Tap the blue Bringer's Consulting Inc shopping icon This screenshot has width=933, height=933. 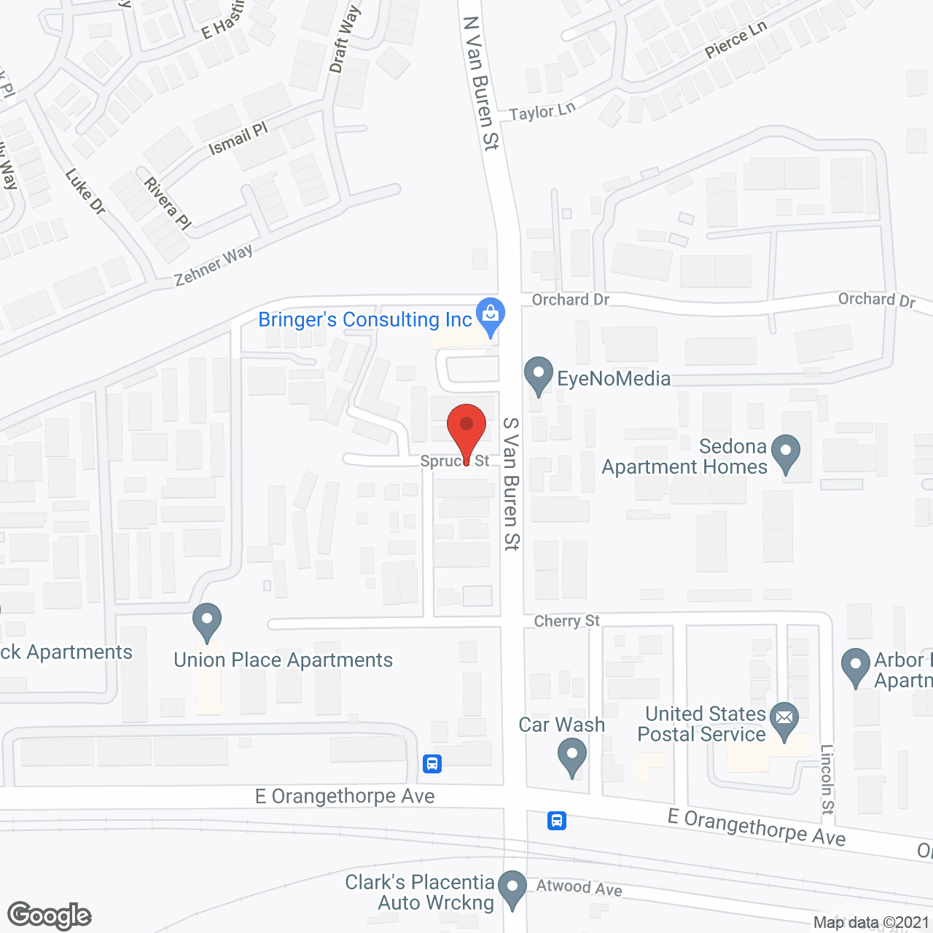coord(491,315)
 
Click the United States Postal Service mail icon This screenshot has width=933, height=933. coord(784,719)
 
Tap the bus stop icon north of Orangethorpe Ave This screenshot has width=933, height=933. coord(432,763)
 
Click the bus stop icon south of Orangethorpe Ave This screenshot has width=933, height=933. coord(557,821)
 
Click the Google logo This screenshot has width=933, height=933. coord(50,916)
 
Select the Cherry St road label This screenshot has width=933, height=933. coord(566,621)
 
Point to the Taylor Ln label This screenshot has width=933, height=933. coord(542,112)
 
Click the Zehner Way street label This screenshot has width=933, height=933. coord(214,265)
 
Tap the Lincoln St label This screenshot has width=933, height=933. coord(827,778)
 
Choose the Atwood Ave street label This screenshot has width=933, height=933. coord(579,887)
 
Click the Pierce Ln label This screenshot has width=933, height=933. coord(735,39)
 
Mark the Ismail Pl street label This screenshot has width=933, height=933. coord(238,138)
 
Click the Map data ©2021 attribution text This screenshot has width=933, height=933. coord(871,922)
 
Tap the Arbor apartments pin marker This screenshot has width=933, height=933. coord(856,666)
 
